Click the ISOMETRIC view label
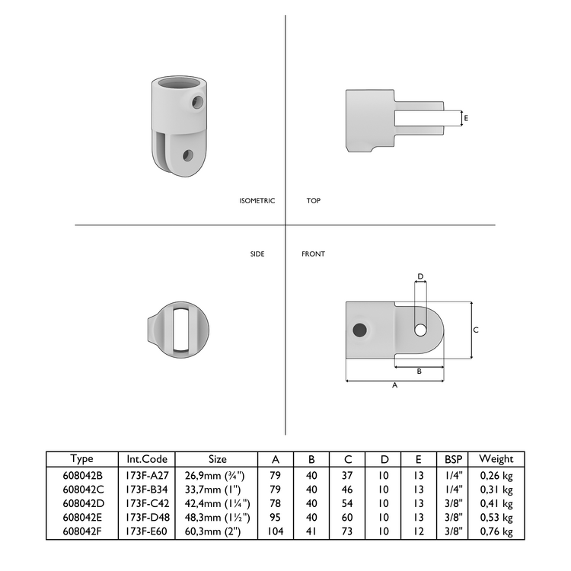tap(257, 201)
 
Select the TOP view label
tap(313, 201)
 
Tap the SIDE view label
tap(257, 254)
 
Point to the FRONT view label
tap(313, 254)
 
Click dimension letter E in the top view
tap(466, 118)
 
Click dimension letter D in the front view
tap(420, 276)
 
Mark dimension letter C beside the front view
tap(476, 330)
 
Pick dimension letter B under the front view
tap(419, 372)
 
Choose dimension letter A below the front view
tap(394, 386)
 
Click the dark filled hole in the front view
tap(359, 330)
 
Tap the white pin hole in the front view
tap(420, 330)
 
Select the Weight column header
tap(496, 459)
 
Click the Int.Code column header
tap(147, 459)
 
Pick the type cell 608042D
tap(82, 503)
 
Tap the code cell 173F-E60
tap(147, 531)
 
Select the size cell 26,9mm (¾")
tap(217, 475)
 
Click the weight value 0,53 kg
tap(496, 518)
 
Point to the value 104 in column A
tap(275, 531)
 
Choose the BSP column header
tap(454, 459)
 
